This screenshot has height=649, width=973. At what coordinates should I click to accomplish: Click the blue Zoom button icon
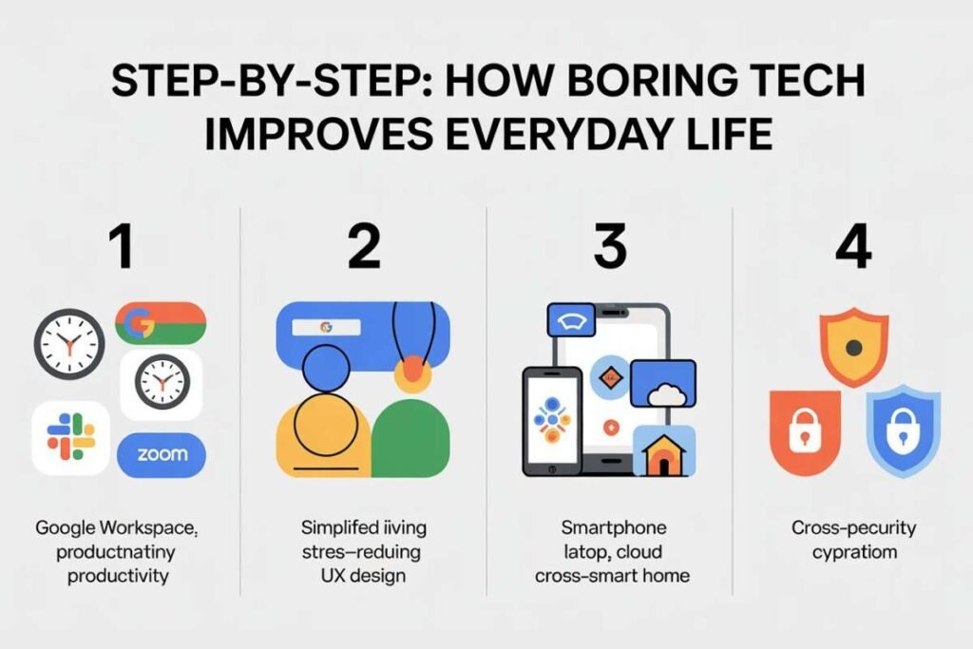click(x=162, y=454)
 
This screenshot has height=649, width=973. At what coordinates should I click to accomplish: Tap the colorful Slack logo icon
click(x=71, y=437)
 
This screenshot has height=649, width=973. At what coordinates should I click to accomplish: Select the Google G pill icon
click(x=160, y=323)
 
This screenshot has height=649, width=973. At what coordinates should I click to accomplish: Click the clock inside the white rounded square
click(x=162, y=385)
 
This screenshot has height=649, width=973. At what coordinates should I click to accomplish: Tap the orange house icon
click(x=664, y=453)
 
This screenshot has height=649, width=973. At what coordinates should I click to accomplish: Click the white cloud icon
click(x=663, y=390)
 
